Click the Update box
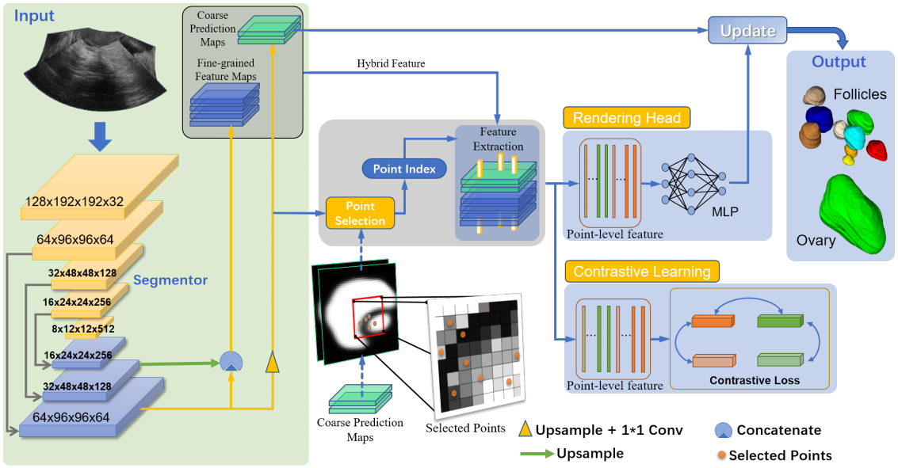pos(747,30)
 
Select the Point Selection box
pos(361,213)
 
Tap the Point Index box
pos(404,169)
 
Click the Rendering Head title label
pos(626,118)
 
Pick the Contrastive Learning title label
pos(642,271)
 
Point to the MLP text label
pos(725,211)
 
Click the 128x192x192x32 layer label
pos(75,201)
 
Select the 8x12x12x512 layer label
pos(83,329)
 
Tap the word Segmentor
pos(170,280)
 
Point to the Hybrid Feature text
pos(391,63)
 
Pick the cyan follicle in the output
pos(854,137)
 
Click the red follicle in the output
pos(877,150)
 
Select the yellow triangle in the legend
pos(525,429)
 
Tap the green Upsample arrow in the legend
pos(537,454)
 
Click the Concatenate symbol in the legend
pos(724,430)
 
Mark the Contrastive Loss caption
pos(755,380)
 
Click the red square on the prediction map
pos(369,318)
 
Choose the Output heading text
pos(839,62)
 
